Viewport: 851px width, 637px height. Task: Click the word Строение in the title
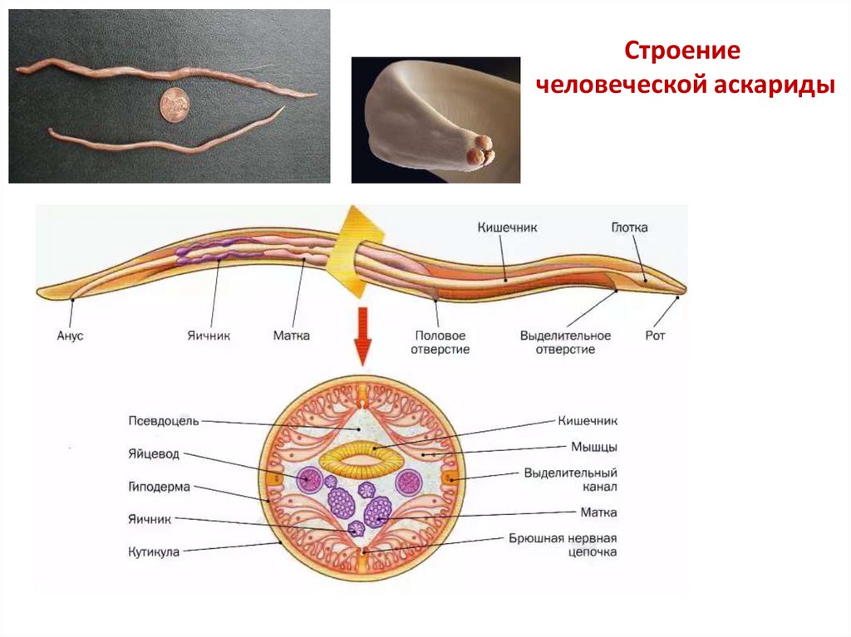point(682,51)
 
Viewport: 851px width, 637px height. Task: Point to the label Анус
point(70,336)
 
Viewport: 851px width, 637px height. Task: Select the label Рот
point(655,336)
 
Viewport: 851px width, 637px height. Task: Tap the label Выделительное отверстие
point(565,343)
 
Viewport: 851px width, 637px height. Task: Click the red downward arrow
point(362,336)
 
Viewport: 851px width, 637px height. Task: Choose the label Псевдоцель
point(164,420)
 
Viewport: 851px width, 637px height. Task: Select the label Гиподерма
point(160,486)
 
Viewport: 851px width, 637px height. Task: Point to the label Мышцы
point(593,447)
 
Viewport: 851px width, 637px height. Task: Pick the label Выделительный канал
point(570,479)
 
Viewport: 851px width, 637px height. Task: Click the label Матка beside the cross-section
point(599,512)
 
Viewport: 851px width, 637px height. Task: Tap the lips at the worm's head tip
point(480,152)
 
